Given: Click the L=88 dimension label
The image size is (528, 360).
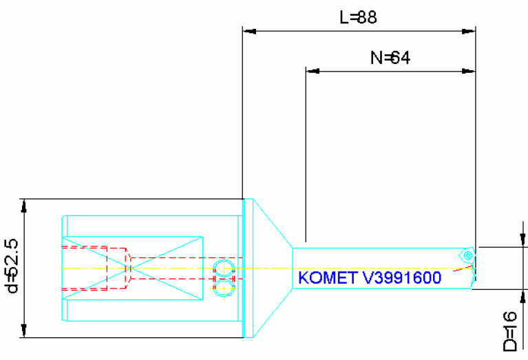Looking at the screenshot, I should pyautogui.click(x=358, y=18).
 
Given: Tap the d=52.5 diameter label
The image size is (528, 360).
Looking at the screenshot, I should pyautogui.click(x=12, y=266).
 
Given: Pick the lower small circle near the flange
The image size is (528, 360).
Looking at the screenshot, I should pyautogui.click(x=223, y=286).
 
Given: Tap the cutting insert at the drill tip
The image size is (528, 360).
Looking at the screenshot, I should pyautogui.click(x=468, y=255).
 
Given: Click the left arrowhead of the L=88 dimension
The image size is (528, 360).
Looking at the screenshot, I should pyautogui.click(x=249, y=31).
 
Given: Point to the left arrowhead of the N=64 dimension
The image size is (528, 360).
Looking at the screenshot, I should pyautogui.click(x=313, y=70).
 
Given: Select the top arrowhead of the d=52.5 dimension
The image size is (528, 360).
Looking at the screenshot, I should pyautogui.click(x=25, y=205).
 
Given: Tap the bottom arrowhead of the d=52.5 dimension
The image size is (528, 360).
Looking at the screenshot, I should pyautogui.click(x=25, y=332).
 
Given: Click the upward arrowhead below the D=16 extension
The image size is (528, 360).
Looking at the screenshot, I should pyautogui.click(x=524, y=296).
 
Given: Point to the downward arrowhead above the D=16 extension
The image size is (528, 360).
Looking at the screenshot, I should pyautogui.click(x=524, y=240).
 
